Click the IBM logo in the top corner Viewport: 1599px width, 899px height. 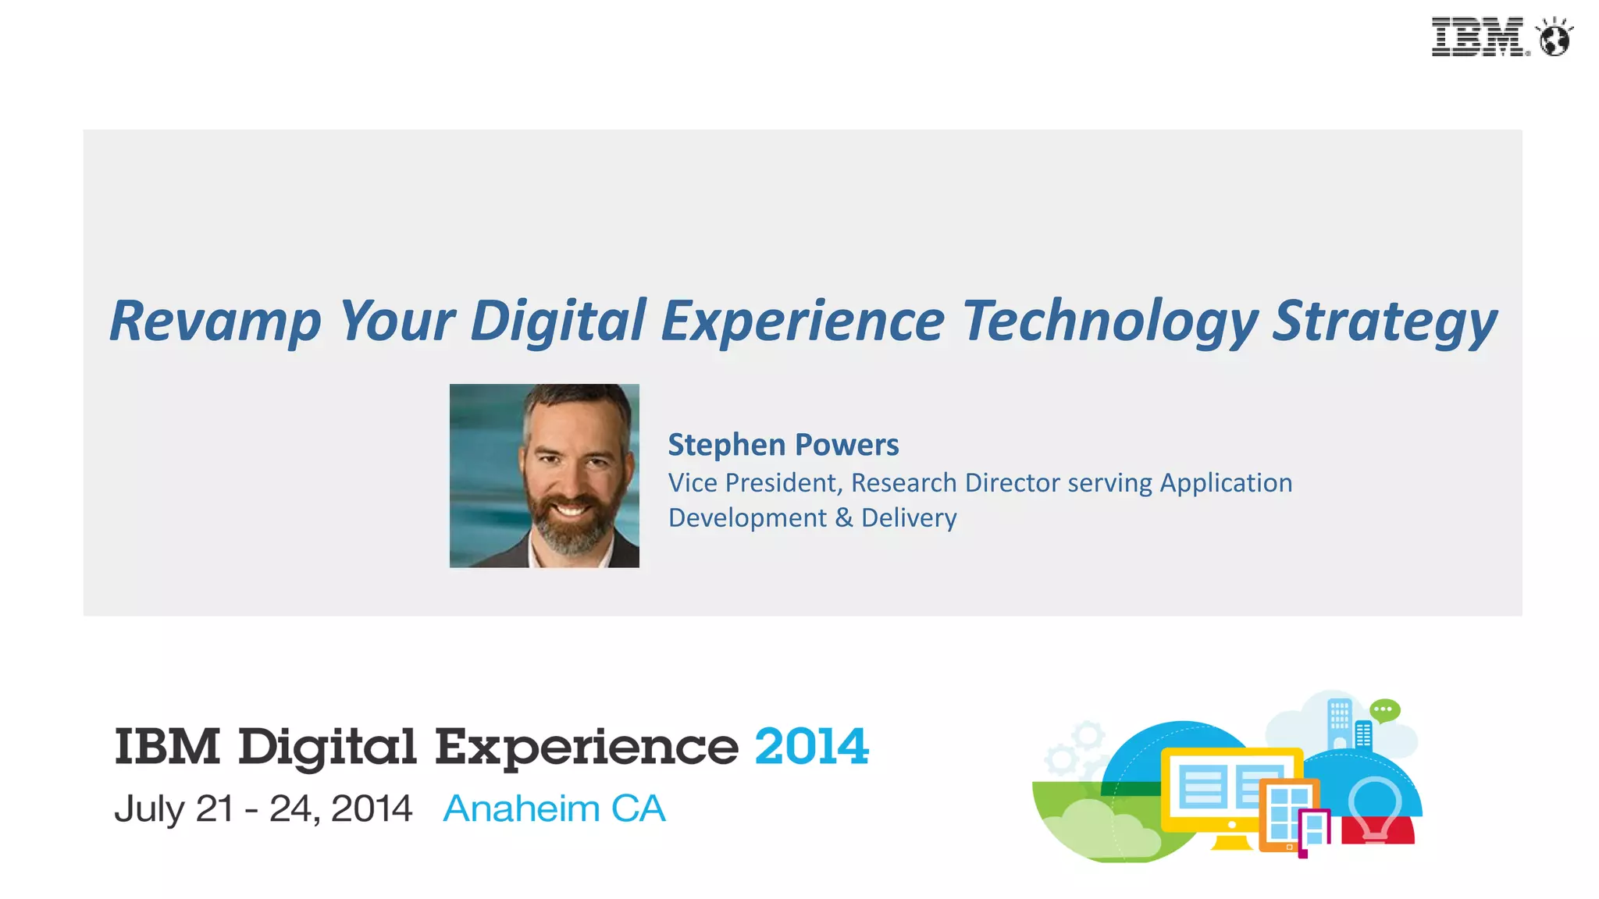1477,37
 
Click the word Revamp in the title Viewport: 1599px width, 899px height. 215,322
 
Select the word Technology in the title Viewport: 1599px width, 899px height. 1109,322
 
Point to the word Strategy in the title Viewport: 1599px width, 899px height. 1384,322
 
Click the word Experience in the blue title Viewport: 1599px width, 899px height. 803,322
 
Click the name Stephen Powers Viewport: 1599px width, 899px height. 783,445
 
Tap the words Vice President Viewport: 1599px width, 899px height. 753,483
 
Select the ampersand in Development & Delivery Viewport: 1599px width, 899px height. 844,518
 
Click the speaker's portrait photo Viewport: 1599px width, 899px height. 544,475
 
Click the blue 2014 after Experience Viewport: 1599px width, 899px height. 811,747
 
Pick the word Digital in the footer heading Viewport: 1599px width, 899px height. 327,748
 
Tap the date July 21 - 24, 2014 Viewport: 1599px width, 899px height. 263,808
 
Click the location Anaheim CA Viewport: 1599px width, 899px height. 554,808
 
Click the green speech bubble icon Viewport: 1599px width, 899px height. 1385,710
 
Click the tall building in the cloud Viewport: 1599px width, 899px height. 1339,723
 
